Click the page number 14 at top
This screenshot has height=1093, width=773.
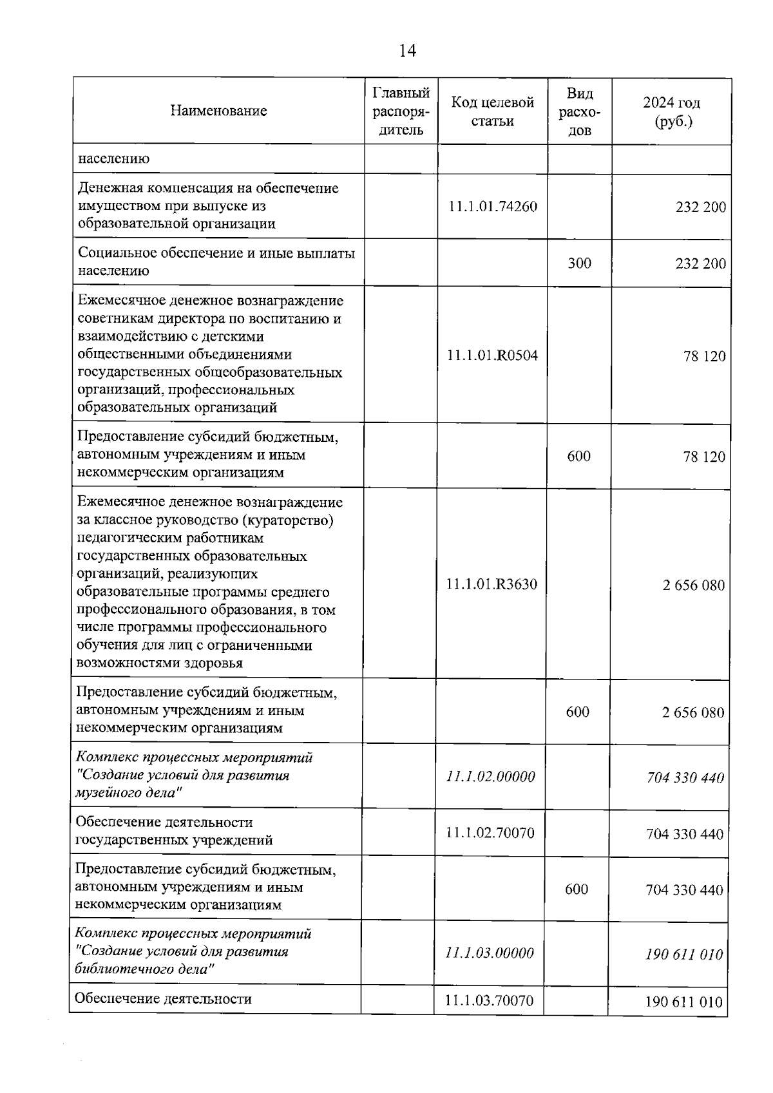pyautogui.click(x=407, y=51)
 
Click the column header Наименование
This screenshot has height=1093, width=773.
pyautogui.click(x=218, y=111)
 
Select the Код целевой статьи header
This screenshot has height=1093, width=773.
pyautogui.click(x=492, y=111)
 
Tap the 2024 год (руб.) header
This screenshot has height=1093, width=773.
pyautogui.click(x=671, y=111)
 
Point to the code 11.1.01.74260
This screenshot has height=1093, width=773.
pyautogui.click(x=492, y=207)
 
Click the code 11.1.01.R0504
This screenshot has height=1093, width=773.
pyautogui.click(x=492, y=356)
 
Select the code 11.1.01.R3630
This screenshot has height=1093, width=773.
pyautogui.click(x=491, y=585)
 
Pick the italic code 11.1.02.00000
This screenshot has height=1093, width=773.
pyautogui.click(x=490, y=777)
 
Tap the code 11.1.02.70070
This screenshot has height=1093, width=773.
pyautogui.click(x=490, y=833)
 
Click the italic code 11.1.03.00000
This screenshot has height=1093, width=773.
pyautogui.click(x=490, y=953)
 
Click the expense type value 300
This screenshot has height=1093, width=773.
pyautogui.click(x=579, y=263)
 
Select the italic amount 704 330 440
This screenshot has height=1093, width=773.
pyautogui.click(x=685, y=778)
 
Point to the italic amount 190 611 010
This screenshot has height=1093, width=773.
pyautogui.click(x=684, y=955)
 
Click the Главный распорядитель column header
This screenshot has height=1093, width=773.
pyautogui.click(x=401, y=111)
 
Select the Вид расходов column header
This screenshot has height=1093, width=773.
pyautogui.click(x=579, y=111)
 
